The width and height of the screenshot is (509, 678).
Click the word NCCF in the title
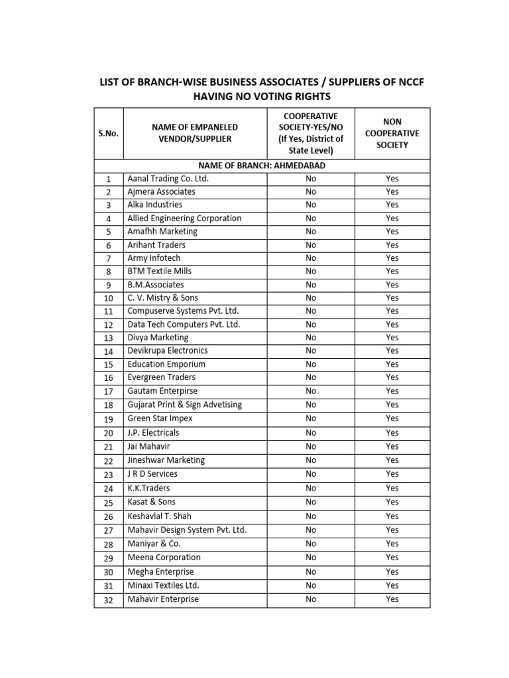tap(410, 82)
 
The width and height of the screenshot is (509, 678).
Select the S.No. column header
tap(109, 133)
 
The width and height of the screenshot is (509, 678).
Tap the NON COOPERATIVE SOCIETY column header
tap(392, 133)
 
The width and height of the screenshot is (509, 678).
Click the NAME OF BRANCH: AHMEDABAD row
tap(262, 166)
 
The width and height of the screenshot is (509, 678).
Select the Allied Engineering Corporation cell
tap(184, 218)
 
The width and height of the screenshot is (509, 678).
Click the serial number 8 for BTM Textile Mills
tap(109, 271)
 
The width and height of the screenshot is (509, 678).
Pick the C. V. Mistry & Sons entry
tap(162, 298)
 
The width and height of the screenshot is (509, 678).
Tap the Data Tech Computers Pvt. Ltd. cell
tap(184, 324)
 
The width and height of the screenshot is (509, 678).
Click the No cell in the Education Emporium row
tap(311, 364)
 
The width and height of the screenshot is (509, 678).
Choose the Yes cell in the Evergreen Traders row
tap(392, 377)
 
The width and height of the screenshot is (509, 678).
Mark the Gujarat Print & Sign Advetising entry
tap(184, 405)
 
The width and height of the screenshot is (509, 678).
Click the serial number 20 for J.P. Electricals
tap(109, 433)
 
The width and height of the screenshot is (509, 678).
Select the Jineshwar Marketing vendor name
tap(166, 460)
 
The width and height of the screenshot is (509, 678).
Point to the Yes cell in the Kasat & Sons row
tap(392, 502)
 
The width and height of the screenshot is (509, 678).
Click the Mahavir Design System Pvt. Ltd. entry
tap(187, 530)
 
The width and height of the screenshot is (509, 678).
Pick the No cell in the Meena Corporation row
tap(311, 557)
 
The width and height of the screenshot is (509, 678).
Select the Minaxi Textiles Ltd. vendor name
tap(163, 585)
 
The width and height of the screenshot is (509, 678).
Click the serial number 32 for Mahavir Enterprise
tap(109, 600)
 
